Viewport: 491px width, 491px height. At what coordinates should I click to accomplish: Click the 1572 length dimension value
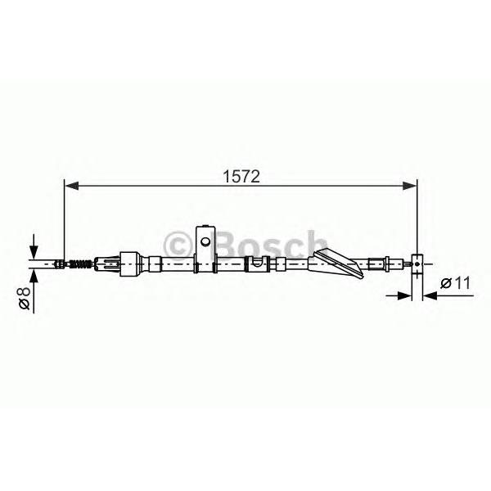[241, 177]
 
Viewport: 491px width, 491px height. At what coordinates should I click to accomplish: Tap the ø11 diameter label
[455, 283]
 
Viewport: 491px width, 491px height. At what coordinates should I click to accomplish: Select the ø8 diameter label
[24, 299]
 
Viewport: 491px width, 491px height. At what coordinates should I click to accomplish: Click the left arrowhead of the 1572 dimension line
[71, 186]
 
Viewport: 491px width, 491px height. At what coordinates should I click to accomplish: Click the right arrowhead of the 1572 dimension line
[409, 186]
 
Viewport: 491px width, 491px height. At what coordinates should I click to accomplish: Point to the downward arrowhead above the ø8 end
[34, 252]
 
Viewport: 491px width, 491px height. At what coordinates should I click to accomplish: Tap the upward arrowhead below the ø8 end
[34, 276]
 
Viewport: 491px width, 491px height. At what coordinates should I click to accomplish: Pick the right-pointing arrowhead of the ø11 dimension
[404, 295]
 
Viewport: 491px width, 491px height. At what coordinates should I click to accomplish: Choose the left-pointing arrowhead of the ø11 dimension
[430, 295]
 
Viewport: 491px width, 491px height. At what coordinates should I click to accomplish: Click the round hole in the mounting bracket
[205, 241]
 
